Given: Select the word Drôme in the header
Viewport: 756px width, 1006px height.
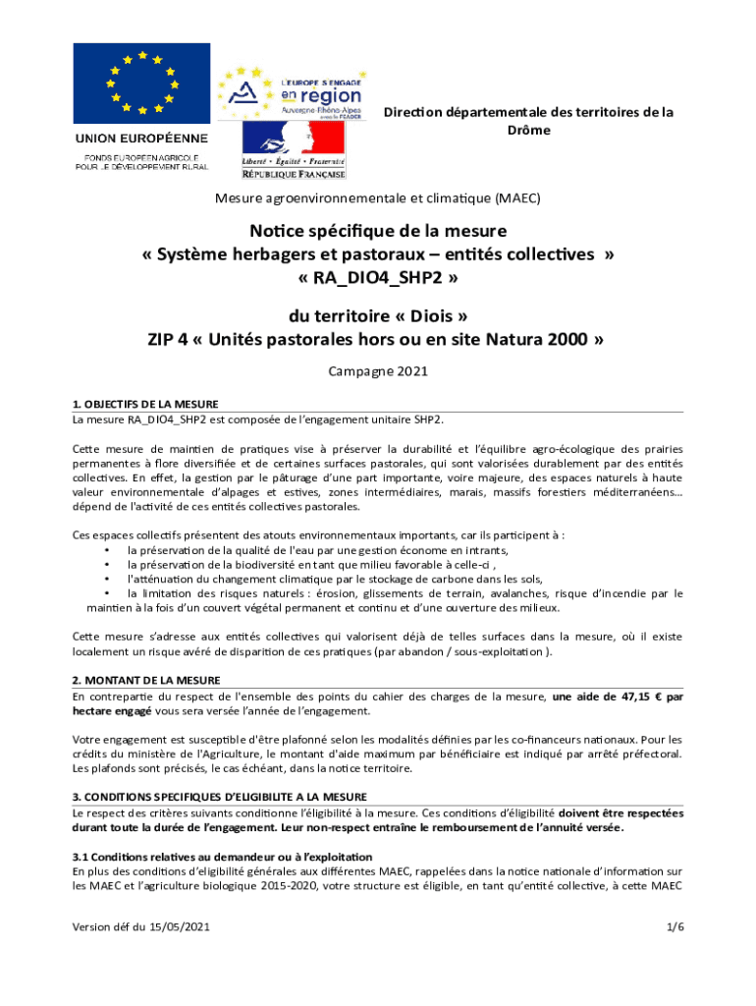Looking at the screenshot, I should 528,131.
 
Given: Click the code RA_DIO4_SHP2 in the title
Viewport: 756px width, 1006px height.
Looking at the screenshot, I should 377,278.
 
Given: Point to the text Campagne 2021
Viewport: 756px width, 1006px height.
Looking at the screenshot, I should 377,372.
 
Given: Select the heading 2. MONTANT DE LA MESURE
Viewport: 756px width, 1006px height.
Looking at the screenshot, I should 146,680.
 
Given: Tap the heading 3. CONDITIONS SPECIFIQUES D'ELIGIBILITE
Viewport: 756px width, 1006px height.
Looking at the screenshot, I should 220,796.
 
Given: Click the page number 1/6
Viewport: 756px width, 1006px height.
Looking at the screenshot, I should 674,927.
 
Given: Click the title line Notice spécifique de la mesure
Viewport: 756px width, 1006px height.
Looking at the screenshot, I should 377,232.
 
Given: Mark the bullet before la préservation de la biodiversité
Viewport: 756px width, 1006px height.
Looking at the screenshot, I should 106,565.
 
